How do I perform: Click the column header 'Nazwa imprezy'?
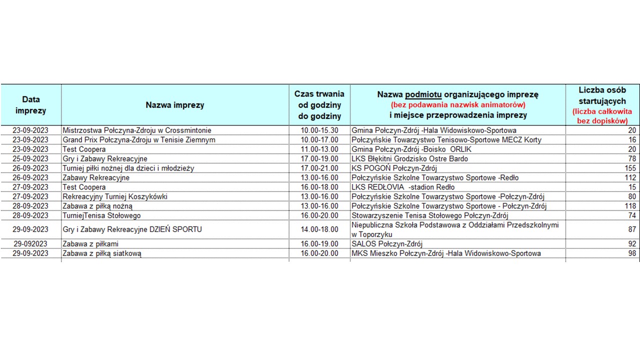tap(175, 105)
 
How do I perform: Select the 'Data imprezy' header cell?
tap(30, 105)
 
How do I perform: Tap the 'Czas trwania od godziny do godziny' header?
tap(319, 105)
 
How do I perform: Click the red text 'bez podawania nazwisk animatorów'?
tap(457, 105)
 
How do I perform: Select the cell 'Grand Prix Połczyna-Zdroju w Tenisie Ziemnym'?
tap(139, 140)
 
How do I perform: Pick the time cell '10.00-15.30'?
tap(319, 130)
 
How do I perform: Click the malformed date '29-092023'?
tap(30, 244)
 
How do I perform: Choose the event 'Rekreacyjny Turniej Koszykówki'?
tap(115, 196)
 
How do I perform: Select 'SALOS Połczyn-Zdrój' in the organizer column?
tap(387, 244)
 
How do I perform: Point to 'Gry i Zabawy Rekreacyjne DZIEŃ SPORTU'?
tap(132, 229)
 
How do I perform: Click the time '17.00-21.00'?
tap(319, 168)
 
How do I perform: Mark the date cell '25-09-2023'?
tap(30, 159)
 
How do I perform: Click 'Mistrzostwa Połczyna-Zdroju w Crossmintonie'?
tap(137, 130)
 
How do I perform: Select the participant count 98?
tap(632, 253)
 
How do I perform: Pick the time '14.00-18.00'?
tap(319, 229)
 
